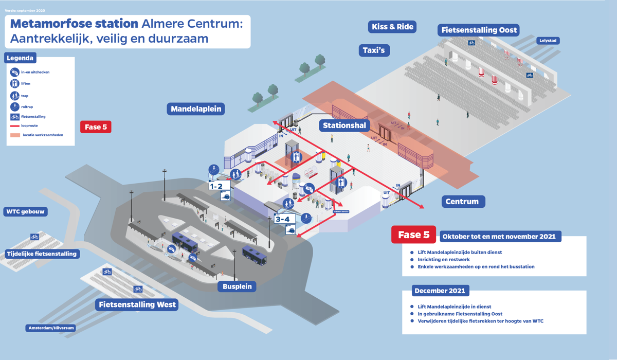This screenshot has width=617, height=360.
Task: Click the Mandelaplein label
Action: (196, 109)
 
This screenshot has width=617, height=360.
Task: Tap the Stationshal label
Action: (344, 125)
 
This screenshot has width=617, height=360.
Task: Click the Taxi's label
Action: (374, 50)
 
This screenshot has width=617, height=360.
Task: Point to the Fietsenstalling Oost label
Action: (479, 30)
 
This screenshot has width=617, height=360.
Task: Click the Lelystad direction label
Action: (548, 41)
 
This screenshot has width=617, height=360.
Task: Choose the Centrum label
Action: (462, 202)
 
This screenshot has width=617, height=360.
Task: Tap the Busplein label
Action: (237, 286)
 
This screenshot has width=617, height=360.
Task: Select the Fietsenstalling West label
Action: (137, 304)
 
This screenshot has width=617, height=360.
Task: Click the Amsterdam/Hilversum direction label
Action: (51, 328)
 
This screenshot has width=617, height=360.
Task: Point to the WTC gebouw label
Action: (26, 212)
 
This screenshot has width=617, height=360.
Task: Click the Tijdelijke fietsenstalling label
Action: (42, 254)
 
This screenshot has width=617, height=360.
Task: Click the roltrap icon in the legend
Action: (14, 107)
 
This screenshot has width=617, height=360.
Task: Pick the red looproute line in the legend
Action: (15, 126)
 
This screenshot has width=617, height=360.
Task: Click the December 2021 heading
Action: (440, 291)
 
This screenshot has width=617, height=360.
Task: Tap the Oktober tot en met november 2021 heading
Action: (500, 237)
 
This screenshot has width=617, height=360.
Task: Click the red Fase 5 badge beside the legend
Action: (96, 127)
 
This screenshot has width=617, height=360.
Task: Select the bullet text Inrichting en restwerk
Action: (444, 260)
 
